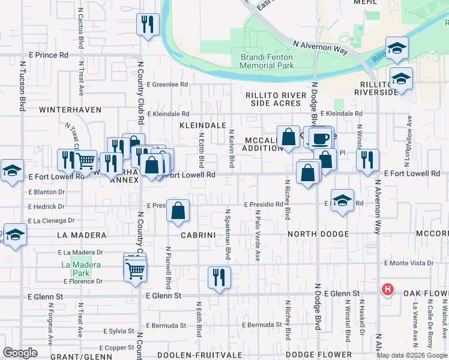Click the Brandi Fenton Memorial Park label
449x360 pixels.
pyautogui.click(x=267, y=61)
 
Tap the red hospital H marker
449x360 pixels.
pyautogui.click(x=388, y=290)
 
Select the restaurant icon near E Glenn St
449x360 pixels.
pyautogui.click(x=219, y=277)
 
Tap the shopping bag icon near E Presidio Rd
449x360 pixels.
pyautogui.click(x=178, y=211)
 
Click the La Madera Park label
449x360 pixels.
pyautogui.click(x=80, y=269)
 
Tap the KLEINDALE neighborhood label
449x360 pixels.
pyautogui.click(x=202, y=125)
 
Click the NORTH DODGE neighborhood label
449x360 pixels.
pyautogui.click(x=318, y=234)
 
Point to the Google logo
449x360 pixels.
pyautogui.click(x=20, y=353)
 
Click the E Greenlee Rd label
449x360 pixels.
pyautogui.click(x=166, y=85)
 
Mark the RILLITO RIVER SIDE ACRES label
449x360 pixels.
pyautogui.click(x=273, y=99)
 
